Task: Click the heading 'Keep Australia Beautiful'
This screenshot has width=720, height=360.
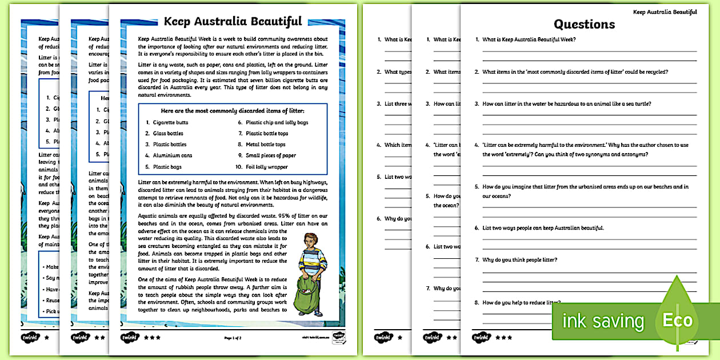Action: tap(233, 22)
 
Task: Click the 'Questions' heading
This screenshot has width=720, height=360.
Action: tap(584, 24)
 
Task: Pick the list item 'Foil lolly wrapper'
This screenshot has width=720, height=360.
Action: tap(266, 167)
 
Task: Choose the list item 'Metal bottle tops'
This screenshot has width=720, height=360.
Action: tap(265, 145)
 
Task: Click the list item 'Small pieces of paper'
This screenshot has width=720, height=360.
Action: tap(270, 155)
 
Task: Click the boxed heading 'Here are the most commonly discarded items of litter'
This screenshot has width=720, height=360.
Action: tap(232, 110)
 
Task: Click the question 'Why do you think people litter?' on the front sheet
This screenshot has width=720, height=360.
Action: tap(519, 260)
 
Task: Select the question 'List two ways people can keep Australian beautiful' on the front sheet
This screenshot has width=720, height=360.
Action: tap(542, 228)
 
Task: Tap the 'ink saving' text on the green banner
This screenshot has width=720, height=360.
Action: tap(603, 321)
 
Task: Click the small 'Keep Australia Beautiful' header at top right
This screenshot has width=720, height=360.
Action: tap(665, 12)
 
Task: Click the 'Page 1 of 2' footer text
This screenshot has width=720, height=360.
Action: tap(233, 338)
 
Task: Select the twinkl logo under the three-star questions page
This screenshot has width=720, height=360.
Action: tap(482, 337)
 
